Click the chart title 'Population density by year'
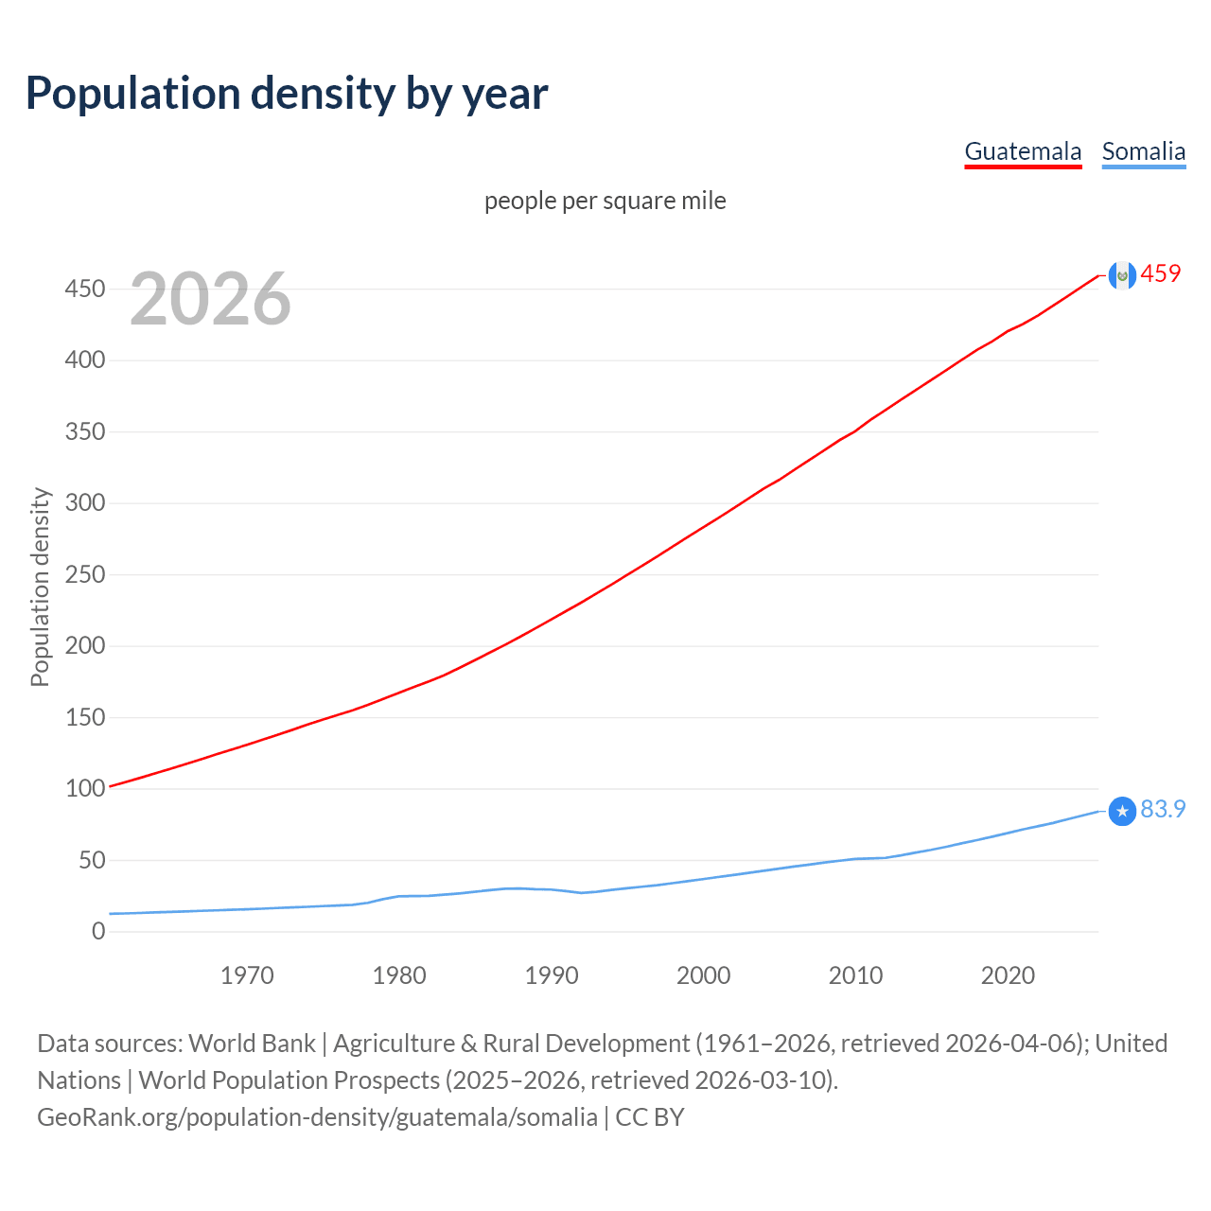(x=287, y=94)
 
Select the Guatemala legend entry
(x=1023, y=151)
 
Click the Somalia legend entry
(x=1143, y=151)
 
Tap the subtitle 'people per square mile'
(x=605, y=201)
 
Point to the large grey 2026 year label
(x=210, y=299)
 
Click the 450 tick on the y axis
(x=84, y=289)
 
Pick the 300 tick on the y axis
(x=84, y=502)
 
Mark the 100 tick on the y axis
(x=84, y=788)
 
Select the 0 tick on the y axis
(x=98, y=931)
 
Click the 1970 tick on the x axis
(x=247, y=975)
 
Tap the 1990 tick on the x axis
(x=552, y=975)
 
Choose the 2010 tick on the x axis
(x=855, y=975)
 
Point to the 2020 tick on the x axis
(x=1008, y=975)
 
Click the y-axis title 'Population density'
(x=40, y=587)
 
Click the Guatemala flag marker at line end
(x=1122, y=275)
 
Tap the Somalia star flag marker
(x=1122, y=811)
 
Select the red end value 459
(x=1161, y=273)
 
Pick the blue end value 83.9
(x=1163, y=809)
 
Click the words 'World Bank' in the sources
(x=252, y=1044)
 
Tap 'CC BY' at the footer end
(x=650, y=1117)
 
